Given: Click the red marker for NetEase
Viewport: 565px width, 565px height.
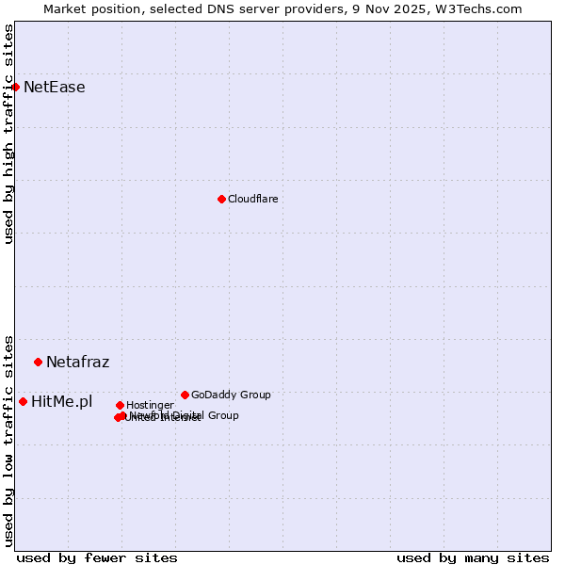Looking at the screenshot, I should tap(15, 87).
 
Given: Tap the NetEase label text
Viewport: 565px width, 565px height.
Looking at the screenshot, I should tap(54, 88).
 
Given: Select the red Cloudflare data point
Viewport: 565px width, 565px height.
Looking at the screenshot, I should tap(221, 199).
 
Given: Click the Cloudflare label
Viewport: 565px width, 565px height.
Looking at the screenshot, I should tap(252, 199).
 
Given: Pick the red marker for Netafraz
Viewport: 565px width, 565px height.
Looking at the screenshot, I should tap(38, 362).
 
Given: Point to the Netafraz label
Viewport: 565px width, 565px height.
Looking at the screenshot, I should tap(77, 362).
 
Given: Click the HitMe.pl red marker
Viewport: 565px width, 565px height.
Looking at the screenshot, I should tap(23, 401).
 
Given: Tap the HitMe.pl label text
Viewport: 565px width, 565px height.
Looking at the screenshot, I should tap(61, 402).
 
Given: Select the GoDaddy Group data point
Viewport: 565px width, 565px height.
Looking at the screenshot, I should tap(185, 395).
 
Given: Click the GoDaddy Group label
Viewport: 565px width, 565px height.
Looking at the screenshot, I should tap(231, 395).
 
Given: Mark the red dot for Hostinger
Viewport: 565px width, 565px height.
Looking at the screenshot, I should tap(120, 405).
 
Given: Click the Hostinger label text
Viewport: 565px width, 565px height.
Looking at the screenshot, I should tap(150, 405).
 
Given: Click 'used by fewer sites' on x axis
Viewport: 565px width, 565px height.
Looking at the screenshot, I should tap(97, 557).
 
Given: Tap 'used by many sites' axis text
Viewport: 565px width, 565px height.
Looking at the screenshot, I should tap(473, 557).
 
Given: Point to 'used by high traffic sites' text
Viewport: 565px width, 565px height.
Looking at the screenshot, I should tap(8, 134).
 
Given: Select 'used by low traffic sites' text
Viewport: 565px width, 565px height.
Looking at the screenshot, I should tap(8, 440).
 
